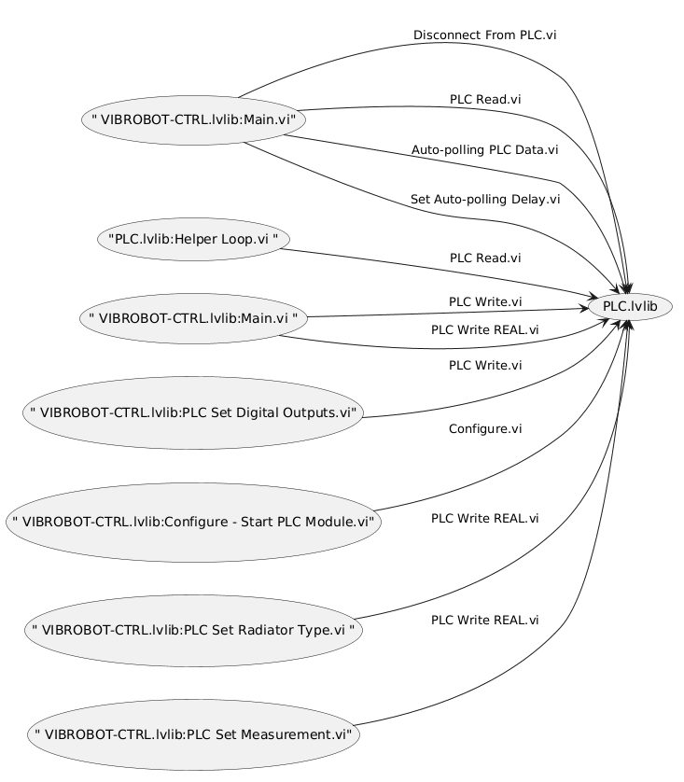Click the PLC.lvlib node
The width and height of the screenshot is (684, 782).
pos(630,306)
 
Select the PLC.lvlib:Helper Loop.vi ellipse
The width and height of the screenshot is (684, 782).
pos(193,239)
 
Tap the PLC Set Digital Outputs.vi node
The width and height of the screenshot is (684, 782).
pos(193,413)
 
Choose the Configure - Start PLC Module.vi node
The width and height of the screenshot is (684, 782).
pos(193,523)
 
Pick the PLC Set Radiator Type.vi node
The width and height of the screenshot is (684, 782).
pos(193,631)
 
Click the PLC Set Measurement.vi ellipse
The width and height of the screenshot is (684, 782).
pos(193,734)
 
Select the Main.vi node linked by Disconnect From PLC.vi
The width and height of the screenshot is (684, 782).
pos(193,120)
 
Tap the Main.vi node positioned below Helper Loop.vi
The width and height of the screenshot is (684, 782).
pos(193,318)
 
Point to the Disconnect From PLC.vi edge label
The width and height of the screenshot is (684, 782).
pos(484,35)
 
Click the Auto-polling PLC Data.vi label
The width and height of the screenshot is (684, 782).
pos(484,149)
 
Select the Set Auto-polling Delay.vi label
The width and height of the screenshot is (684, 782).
pos(485,200)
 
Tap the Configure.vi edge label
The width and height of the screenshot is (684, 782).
pos(485,429)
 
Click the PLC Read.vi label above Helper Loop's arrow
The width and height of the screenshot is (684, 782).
pos(485,258)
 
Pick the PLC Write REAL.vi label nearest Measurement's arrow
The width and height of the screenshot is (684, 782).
pos(484,620)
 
